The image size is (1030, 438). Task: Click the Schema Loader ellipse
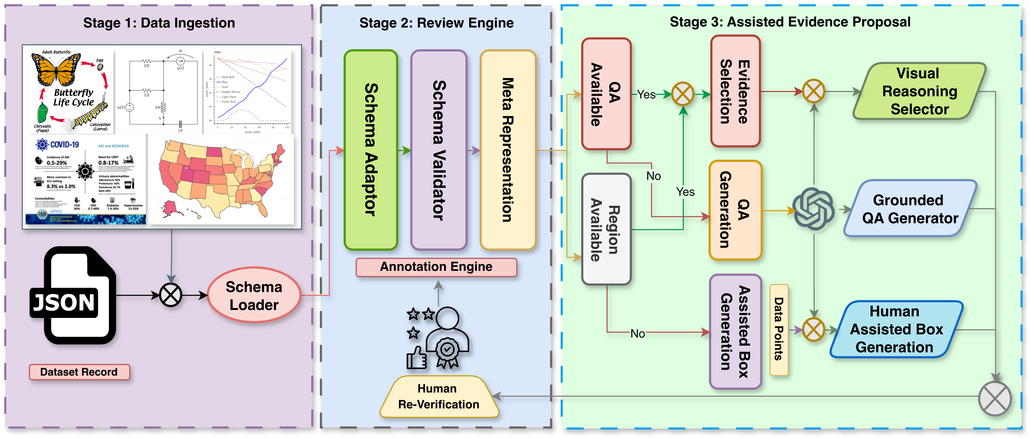click(x=254, y=295)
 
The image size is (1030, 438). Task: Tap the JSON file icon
click(x=74, y=296)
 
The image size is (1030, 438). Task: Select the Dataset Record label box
click(x=79, y=372)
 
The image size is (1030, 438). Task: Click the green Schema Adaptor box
click(x=371, y=150)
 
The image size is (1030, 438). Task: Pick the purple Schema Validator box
click(x=439, y=150)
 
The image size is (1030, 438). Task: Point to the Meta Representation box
click(x=507, y=150)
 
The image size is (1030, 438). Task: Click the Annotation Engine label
click(x=436, y=267)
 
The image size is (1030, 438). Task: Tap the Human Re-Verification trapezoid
click(x=439, y=396)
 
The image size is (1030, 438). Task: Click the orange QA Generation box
click(x=735, y=210)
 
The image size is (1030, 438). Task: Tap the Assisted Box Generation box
click(x=735, y=332)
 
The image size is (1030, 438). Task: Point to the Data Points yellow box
click(x=779, y=330)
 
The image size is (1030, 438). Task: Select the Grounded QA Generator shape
click(x=909, y=209)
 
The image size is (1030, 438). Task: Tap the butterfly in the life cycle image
click(x=56, y=69)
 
